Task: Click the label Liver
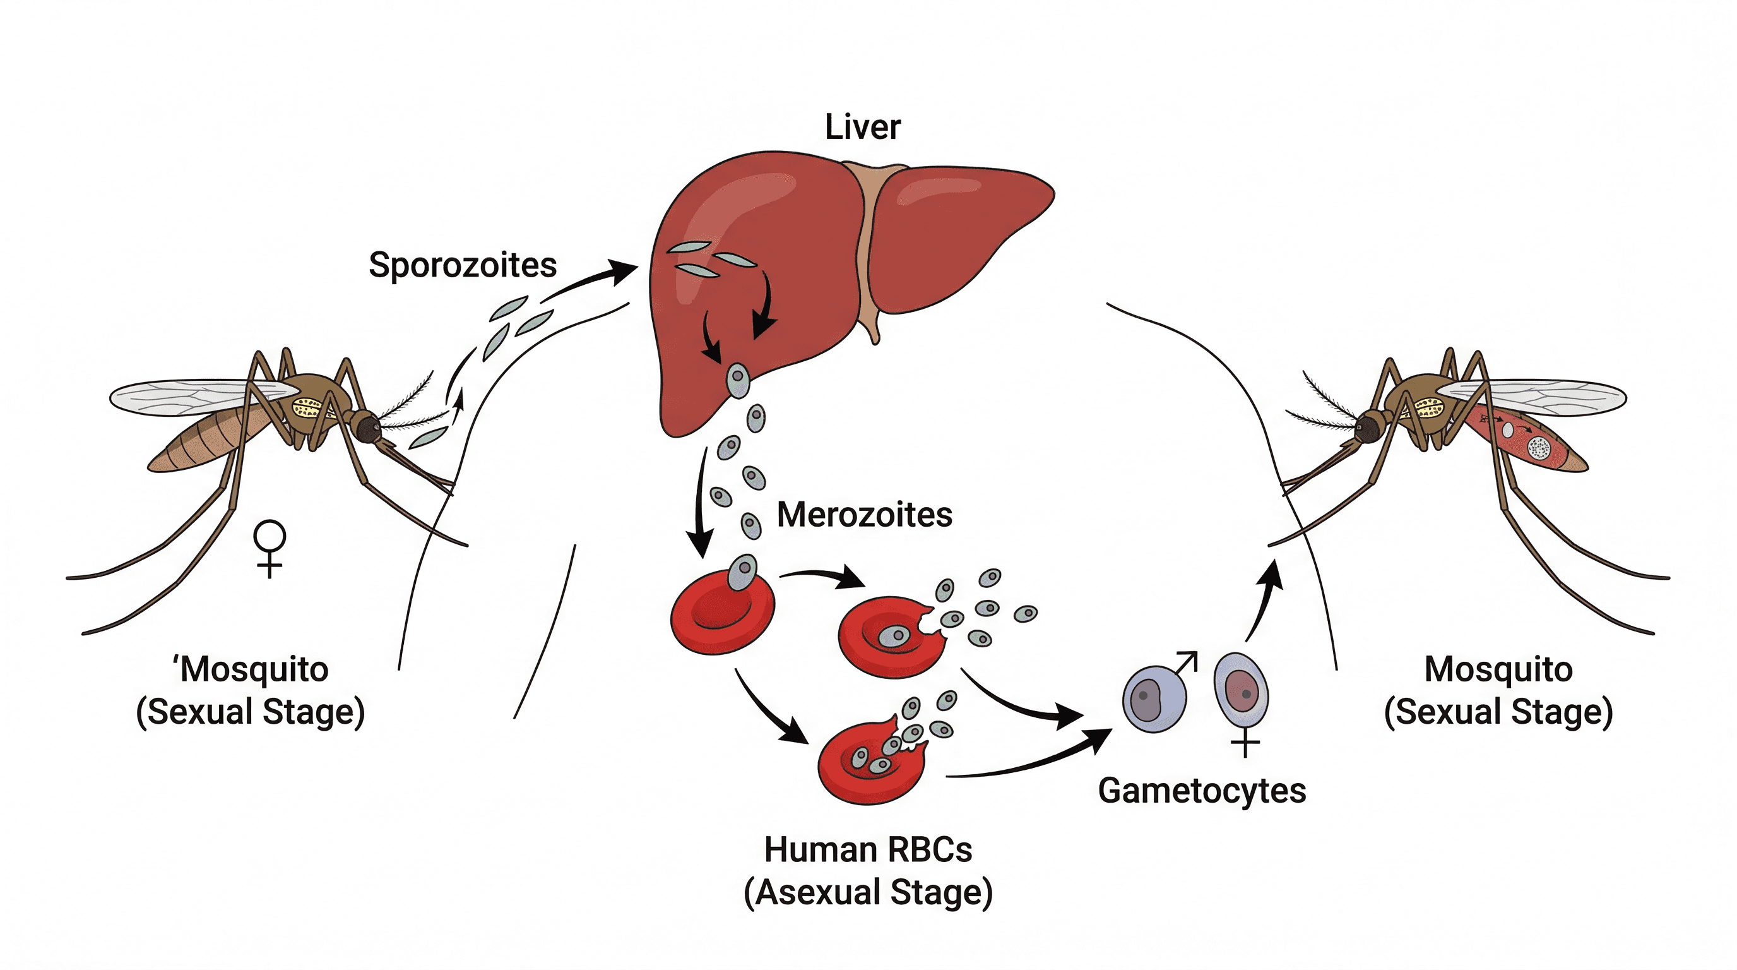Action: pyautogui.click(x=862, y=127)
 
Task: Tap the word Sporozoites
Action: pyautogui.click(x=462, y=265)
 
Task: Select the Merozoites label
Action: pyautogui.click(x=864, y=515)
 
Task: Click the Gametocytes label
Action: pyautogui.click(x=1201, y=791)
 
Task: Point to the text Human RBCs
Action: pyautogui.click(x=868, y=849)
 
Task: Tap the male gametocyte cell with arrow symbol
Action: pyautogui.click(x=1154, y=698)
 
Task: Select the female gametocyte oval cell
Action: pyautogui.click(x=1241, y=692)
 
